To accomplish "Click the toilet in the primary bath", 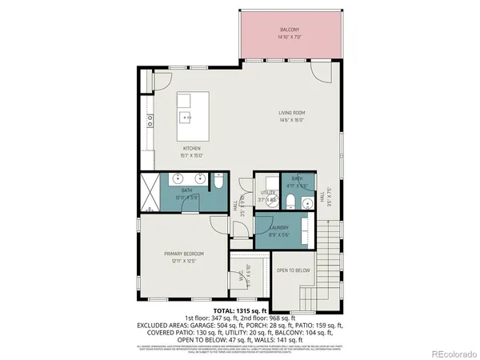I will [x=218, y=184].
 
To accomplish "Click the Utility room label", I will [x=267, y=194].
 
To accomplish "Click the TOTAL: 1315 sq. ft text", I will [x=239, y=309].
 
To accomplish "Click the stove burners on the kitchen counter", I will [x=149, y=122].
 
